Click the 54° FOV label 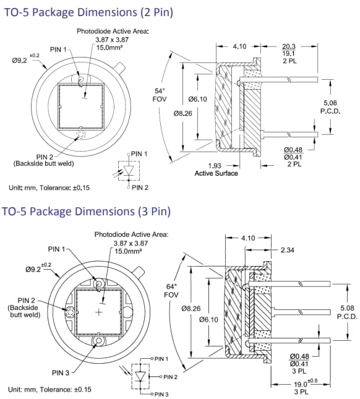point(160,95)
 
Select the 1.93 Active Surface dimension point(216,169)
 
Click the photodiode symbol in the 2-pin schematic point(129,169)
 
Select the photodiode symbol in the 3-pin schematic point(143,376)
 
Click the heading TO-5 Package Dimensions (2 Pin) point(87,12)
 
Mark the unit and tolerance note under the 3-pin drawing point(49,389)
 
